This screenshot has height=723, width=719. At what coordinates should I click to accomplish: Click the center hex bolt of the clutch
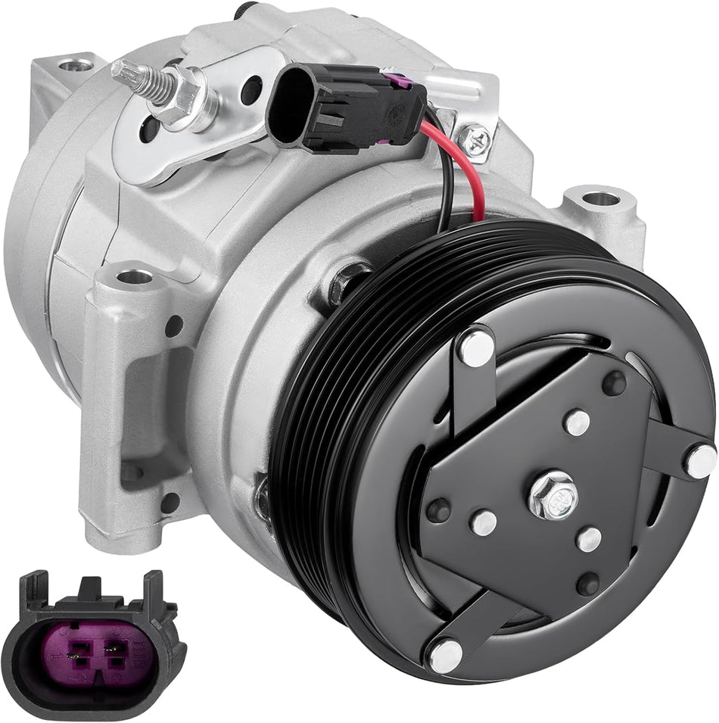click(x=552, y=497)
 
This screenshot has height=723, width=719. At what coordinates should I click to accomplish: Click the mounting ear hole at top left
click(x=71, y=65)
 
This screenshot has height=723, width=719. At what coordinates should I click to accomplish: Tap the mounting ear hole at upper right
click(x=599, y=201)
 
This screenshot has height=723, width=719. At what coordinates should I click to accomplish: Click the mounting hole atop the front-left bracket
click(x=134, y=277)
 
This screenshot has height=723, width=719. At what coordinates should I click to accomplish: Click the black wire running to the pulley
click(x=444, y=189)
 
